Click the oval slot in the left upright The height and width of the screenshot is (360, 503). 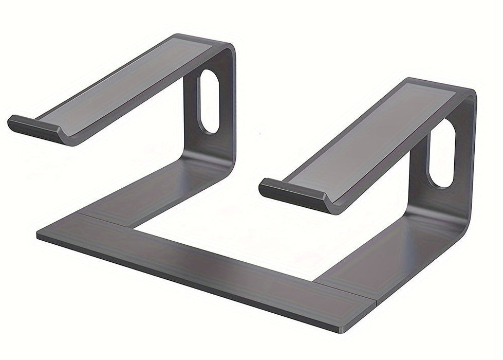pos(209,101)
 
